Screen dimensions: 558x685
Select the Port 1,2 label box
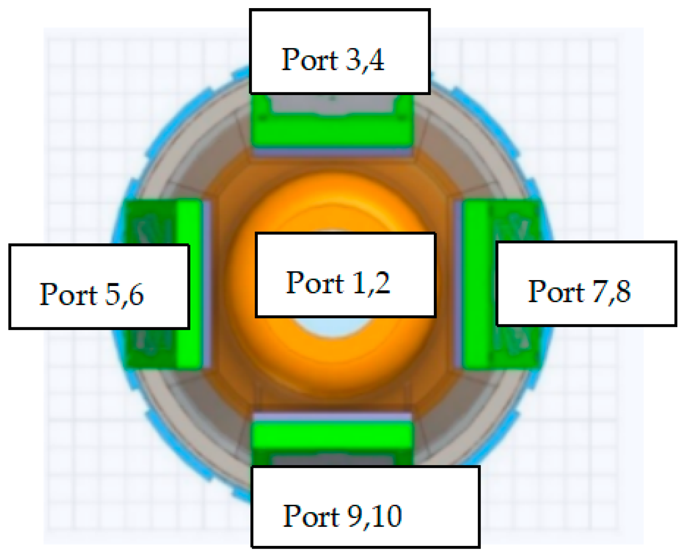click(x=345, y=275)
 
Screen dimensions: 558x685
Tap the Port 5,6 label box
click(x=99, y=287)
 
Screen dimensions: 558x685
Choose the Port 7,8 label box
click(x=586, y=283)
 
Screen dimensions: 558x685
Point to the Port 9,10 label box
click(x=365, y=507)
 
